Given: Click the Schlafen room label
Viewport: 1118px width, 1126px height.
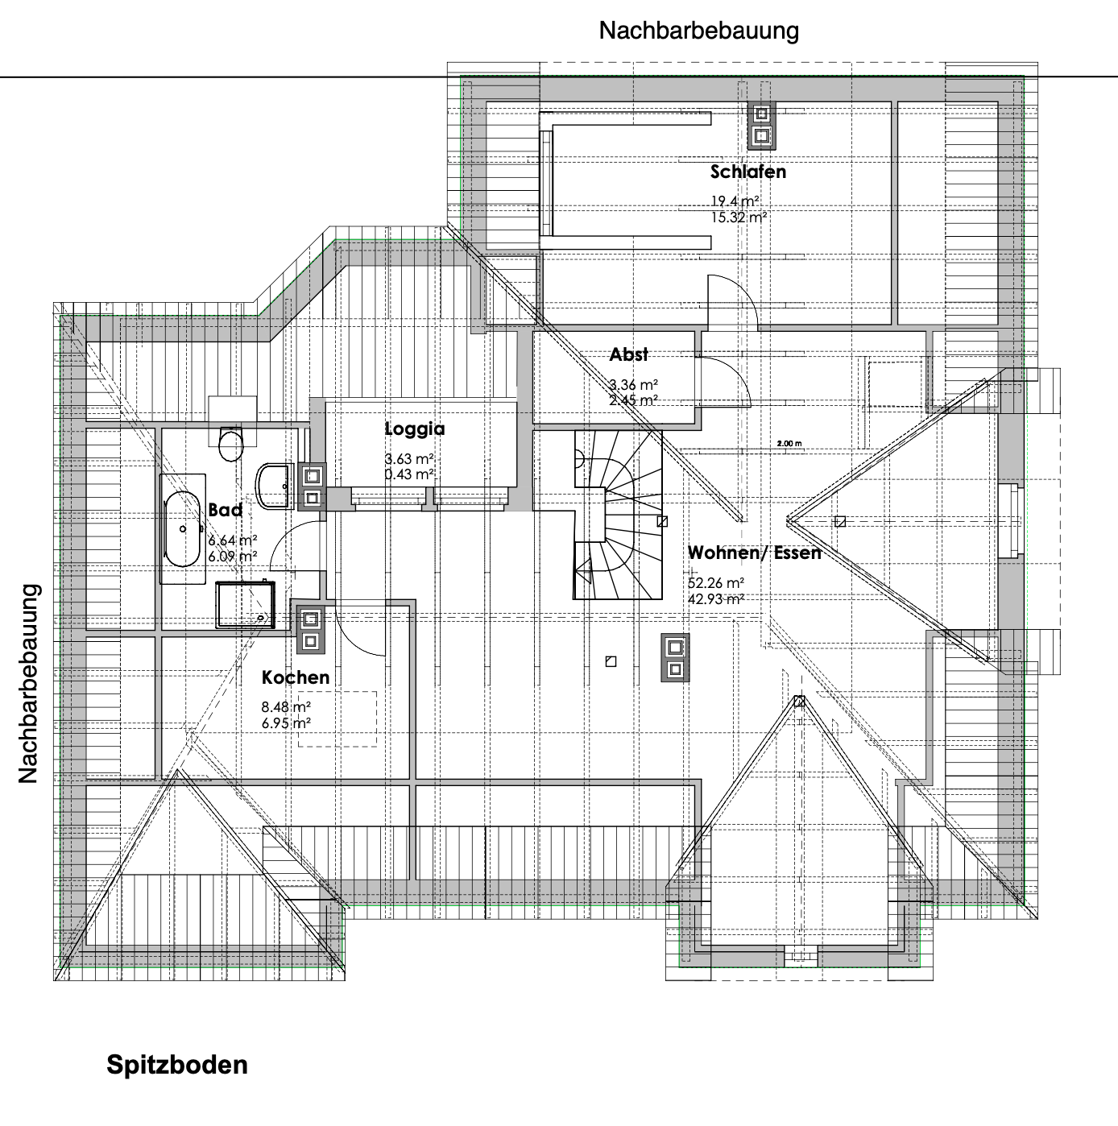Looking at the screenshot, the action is (x=748, y=172).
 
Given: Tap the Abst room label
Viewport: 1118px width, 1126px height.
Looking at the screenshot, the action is (x=629, y=354).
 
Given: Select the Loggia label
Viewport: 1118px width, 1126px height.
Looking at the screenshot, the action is (x=414, y=429).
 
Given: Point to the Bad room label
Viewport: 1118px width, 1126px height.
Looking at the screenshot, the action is (x=225, y=510).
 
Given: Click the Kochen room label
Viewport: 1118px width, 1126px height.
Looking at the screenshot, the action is (x=295, y=677).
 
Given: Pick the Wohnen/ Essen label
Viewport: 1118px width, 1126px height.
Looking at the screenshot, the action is (x=755, y=553).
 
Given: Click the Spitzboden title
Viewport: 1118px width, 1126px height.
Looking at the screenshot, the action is (x=177, y=1066).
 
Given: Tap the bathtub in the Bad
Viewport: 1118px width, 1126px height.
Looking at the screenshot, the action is (x=182, y=529).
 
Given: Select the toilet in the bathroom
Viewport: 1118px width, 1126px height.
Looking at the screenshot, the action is (x=231, y=444).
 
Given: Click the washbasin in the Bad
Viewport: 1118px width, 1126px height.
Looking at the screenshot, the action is (x=274, y=486).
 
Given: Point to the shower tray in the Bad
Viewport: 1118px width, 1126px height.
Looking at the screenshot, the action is (x=246, y=604).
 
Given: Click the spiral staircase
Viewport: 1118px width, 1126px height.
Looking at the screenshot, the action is (x=619, y=515).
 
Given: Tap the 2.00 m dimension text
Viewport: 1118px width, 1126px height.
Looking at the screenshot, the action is (x=789, y=444).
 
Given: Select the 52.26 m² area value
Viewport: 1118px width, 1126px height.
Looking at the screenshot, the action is (x=716, y=583).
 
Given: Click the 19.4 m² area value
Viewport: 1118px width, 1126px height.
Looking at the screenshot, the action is (x=735, y=201).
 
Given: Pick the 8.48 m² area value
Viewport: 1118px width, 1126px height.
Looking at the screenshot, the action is (x=286, y=707).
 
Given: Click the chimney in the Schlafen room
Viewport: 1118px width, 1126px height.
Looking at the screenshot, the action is (x=761, y=126).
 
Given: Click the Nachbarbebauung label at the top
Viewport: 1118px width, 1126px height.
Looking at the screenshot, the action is (x=699, y=31).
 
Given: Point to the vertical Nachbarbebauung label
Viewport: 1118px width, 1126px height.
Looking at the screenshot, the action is (x=28, y=683).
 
